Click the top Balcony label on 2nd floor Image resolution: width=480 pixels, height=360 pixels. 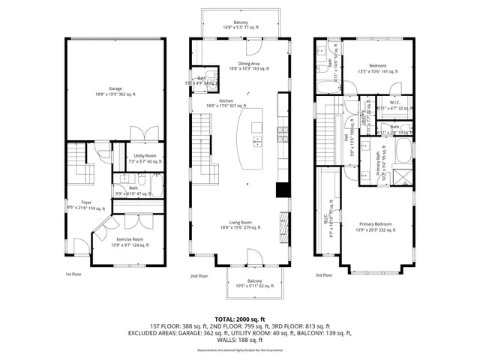point(241,24)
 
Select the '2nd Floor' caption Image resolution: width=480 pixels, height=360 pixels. point(199,276)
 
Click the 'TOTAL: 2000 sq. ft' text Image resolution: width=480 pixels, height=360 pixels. point(240,319)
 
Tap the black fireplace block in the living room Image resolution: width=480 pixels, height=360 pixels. point(283,190)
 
